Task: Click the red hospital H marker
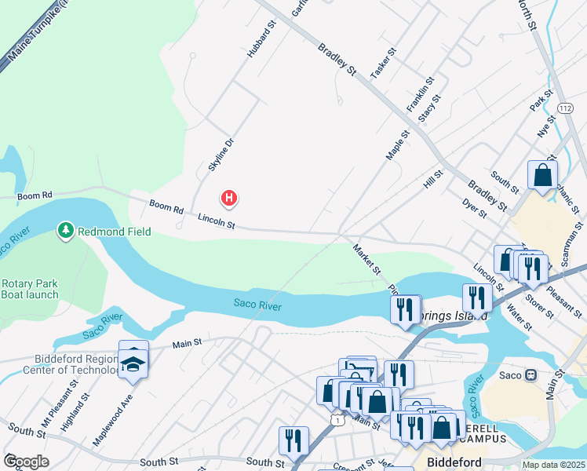[228, 199]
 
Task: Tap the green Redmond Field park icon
[66, 230]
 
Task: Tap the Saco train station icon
[530, 375]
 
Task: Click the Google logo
[26, 462]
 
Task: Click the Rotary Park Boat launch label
[30, 289]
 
